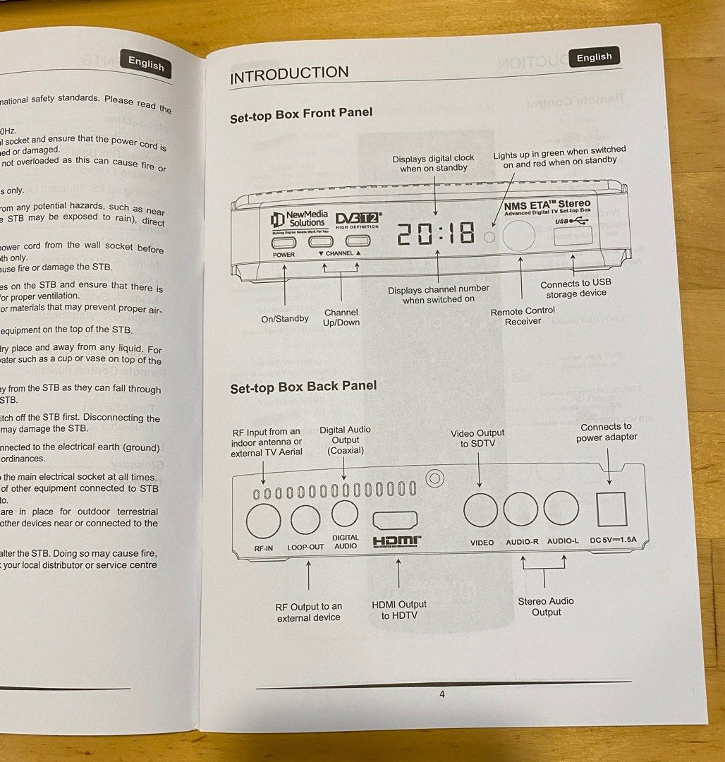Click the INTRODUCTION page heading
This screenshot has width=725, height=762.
coord(289,74)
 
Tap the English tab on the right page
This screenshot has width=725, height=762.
coord(594,58)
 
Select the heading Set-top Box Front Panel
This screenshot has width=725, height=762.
coord(301,114)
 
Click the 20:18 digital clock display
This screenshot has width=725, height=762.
coord(436,233)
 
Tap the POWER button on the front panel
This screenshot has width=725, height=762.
coord(284,241)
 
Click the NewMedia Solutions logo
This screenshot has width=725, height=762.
coord(298,219)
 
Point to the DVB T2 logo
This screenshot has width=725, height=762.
coord(358,219)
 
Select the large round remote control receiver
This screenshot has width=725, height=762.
coord(519,235)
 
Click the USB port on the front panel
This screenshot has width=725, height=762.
coord(572,238)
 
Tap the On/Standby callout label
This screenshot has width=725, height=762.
coord(285,318)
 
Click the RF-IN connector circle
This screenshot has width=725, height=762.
coord(263,521)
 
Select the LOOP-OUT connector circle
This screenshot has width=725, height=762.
coord(305,520)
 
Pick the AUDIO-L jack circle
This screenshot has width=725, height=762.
coord(561,508)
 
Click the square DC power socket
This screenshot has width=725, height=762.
coord(611,509)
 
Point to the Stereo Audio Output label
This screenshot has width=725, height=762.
coord(546,606)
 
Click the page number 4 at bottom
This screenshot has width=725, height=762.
coord(442,694)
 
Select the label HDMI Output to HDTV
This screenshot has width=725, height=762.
coord(399,610)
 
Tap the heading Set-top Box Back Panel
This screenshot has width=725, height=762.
coord(303,387)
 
